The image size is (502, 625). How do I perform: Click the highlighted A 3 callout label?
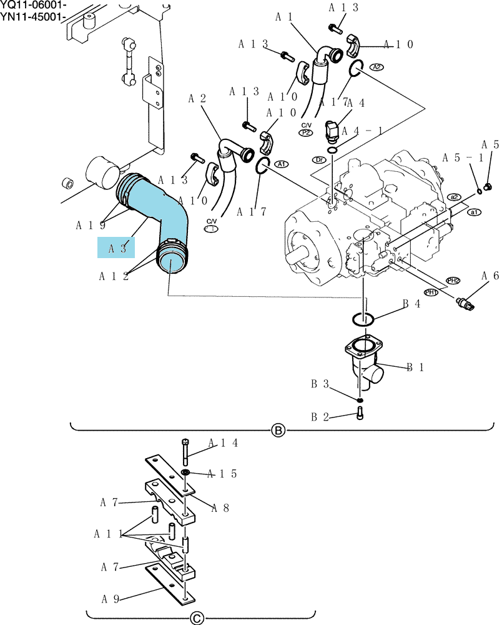[x=116, y=247]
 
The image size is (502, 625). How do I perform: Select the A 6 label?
[x=490, y=276]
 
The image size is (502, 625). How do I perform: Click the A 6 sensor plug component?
[x=466, y=304]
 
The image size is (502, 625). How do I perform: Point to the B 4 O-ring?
[x=363, y=319]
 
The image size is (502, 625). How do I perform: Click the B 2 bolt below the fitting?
[x=360, y=414]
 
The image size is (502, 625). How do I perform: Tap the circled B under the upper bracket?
[x=278, y=431]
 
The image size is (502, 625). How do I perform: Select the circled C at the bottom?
[x=197, y=618]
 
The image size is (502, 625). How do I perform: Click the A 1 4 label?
[x=223, y=443]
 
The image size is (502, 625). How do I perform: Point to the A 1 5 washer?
[x=185, y=472]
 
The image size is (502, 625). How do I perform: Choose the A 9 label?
[x=111, y=599]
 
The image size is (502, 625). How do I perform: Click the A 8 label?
[x=220, y=507]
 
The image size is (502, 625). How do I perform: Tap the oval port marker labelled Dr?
[x=320, y=160]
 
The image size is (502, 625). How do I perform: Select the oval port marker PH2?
[x=453, y=281]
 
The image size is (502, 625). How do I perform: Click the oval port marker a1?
[x=474, y=212]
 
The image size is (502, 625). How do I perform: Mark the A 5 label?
[x=490, y=144]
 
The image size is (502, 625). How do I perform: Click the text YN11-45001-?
[x=31, y=17]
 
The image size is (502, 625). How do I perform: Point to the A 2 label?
[x=197, y=99]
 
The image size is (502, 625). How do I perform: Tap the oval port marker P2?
[x=306, y=132]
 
